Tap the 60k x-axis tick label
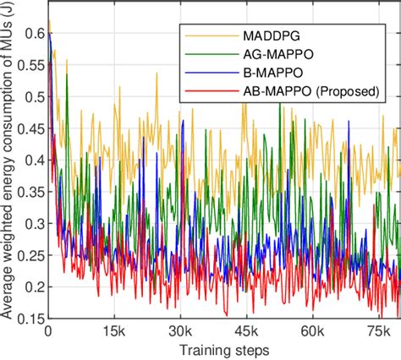point(313,331)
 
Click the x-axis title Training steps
point(223,349)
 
